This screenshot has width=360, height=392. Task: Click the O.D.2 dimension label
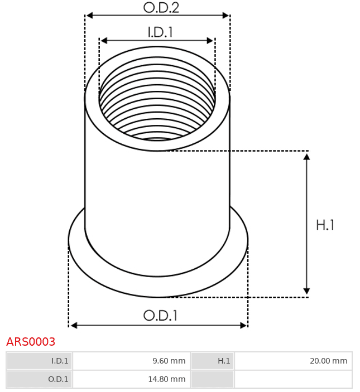pyautogui.click(x=161, y=8)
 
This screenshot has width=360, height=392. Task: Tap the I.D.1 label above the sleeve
pyautogui.click(x=160, y=32)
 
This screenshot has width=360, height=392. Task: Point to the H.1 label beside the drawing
pyautogui.click(x=325, y=225)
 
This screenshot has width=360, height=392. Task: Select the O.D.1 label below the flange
pyautogui.click(x=160, y=316)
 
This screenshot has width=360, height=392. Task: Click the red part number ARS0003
pyautogui.click(x=31, y=341)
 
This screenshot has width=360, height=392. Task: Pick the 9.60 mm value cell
pyautogui.click(x=132, y=361)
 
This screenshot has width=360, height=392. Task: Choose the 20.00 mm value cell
pyautogui.click(x=293, y=361)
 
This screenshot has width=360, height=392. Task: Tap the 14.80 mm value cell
pyautogui.click(x=132, y=379)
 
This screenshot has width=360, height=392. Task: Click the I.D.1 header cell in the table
pyautogui.click(x=40, y=361)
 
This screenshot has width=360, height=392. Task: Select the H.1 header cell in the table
pyautogui.click(x=213, y=361)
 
